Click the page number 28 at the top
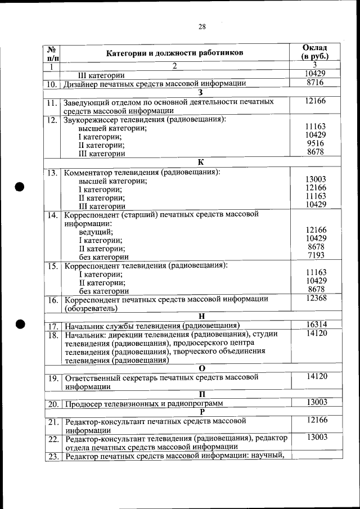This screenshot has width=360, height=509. click(202, 26)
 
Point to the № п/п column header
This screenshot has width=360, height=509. click(52, 53)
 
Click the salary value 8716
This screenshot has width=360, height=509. click(315, 83)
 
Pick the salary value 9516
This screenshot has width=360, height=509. click(316, 143)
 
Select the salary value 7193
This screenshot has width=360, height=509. click(316, 255)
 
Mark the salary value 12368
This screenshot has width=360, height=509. click(316, 298)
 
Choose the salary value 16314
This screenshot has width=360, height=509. click(316, 325)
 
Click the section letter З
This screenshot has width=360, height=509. click(201, 92)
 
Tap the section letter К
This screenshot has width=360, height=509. click(201, 162)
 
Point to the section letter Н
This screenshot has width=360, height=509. click(201, 316)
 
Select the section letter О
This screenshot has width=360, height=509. click(201, 368)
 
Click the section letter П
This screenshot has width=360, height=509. click(201, 394)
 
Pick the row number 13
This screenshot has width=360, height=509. click(52, 173)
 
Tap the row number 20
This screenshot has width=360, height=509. click(52, 404)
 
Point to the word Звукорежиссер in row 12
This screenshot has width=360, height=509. click(92, 120)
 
